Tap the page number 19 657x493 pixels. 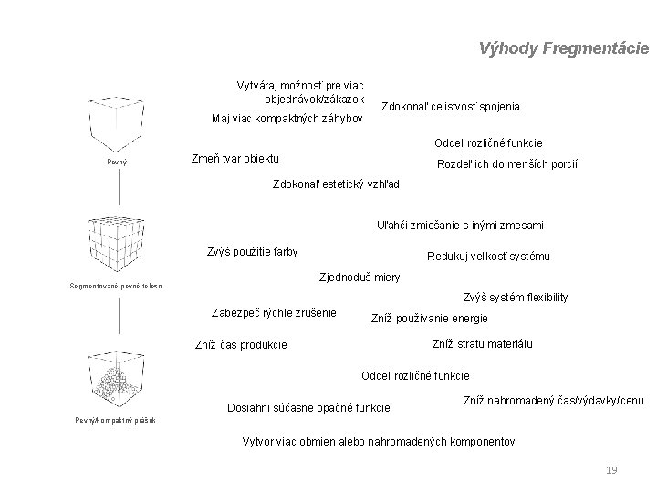coord(611,470)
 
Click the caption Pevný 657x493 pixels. coord(118,163)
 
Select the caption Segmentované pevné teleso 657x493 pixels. coord(116,287)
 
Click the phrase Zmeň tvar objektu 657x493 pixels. coord(235,157)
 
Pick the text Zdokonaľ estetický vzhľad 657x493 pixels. coord(337,184)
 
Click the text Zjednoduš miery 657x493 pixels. coord(358,277)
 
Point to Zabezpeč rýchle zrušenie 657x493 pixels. coord(273,312)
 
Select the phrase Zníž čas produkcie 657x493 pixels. coord(241,345)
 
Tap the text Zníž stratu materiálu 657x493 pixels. coord(482,344)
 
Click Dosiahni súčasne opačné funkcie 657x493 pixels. coord(308,407)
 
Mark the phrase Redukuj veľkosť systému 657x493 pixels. coord(488,257)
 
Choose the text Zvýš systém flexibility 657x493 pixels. coord(516,297)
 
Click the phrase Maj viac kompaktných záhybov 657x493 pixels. coord(287,119)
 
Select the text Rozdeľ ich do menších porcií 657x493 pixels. coord(507,164)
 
